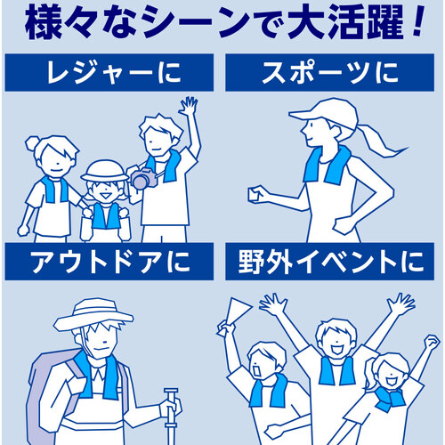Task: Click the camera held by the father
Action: (x=143, y=178)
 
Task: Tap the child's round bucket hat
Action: (x=105, y=172)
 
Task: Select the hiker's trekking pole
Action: (x=171, y=416)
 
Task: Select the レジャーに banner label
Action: (x=114, y=73)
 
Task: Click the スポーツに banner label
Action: (x=330, y=73)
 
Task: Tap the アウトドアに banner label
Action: (x=110, y=262)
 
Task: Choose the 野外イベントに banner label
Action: (x=330, y=262)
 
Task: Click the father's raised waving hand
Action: (x=188, y=105)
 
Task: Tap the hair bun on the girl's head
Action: (x=33, y=143)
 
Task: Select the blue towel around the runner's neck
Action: (x=328, y=165)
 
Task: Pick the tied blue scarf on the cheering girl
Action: (x=389, y=399)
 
